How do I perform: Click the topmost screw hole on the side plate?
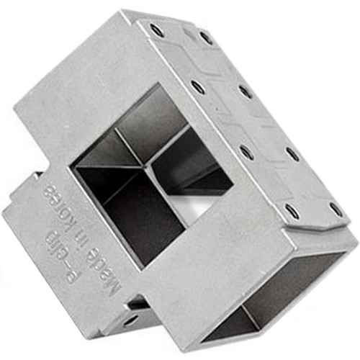pyautogui.click(x=156, y=31)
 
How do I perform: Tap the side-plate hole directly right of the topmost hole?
pyautogui.click(x=206, y=37)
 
